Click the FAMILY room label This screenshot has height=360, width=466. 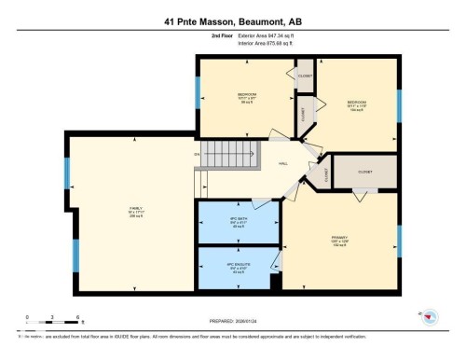tap(135, 211)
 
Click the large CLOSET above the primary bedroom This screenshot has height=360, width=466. tap(364, 172)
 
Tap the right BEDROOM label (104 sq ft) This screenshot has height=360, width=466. tap(358, 103)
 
